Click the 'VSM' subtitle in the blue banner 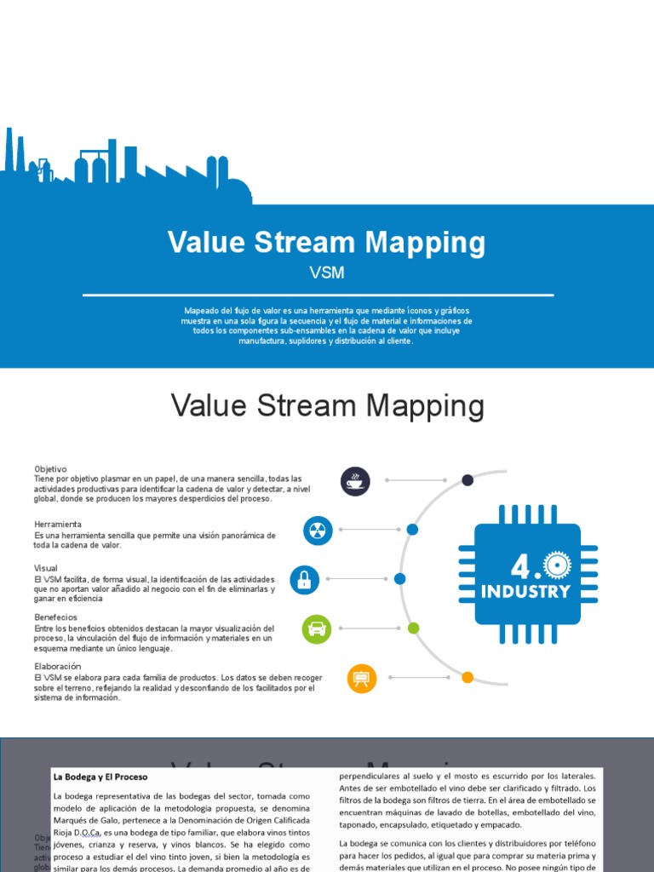327,273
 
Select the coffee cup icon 355,480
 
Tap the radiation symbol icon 318,531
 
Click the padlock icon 304,579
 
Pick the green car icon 317,628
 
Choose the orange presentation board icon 362,678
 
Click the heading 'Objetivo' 50,469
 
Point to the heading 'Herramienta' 58,524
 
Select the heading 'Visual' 46,568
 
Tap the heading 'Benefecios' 55,617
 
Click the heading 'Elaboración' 58,665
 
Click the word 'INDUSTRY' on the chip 526,591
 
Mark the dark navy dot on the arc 468,480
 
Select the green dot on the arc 413,628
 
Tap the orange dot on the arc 468,678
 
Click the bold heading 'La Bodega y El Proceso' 100,777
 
